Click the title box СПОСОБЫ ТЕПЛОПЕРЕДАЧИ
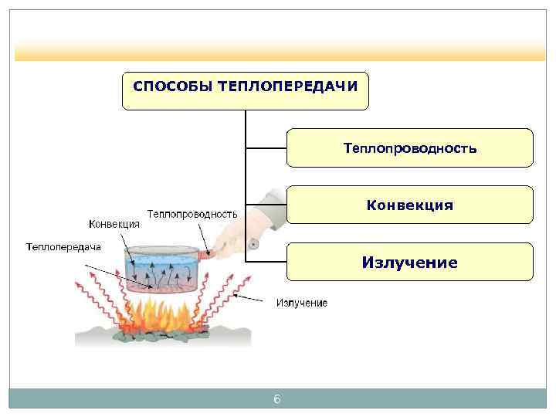click(x=246, y=90)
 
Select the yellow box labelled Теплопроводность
click(x=409, y=147)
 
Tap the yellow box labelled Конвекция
click(x=409, y=205)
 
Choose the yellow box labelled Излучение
click(x=409, y=263)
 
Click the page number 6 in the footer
click(x=277, y=399)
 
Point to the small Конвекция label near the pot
click(x=114, y=224)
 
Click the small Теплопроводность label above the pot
click(x=192, y=213)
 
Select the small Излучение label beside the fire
click(x=302, y=303)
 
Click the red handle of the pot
click(x=205, y=253)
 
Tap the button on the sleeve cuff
click(x=253, y=245)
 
